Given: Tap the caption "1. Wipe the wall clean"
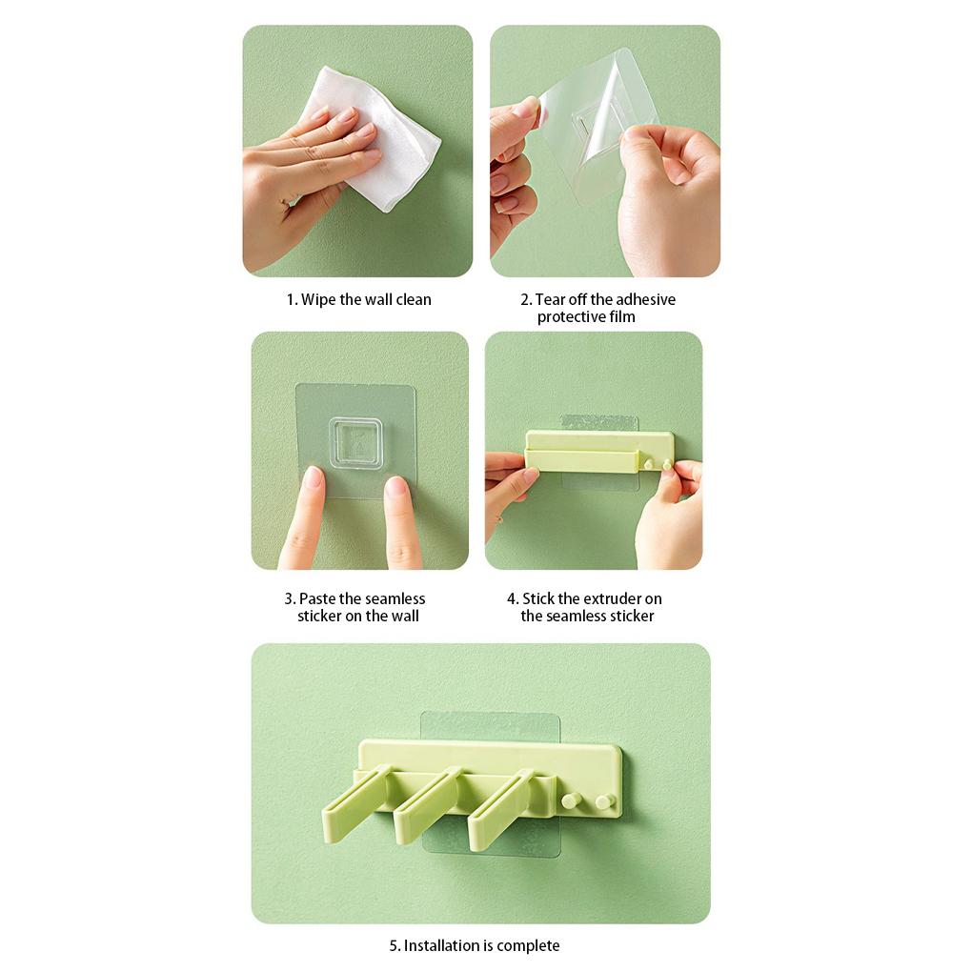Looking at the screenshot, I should pyautogui.click(x=359, y=299).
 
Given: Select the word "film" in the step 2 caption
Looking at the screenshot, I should pyautogui.click(x=622, y=316).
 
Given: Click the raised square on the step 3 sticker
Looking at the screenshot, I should pyautogui.click(x=355, y=444).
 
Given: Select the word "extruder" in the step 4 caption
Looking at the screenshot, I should pyautogui.click(x=613, y=598).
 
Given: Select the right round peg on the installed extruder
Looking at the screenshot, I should pyautogui.click(x=603, y=801).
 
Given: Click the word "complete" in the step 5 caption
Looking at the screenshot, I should pyautogui.click(x=528, y=945).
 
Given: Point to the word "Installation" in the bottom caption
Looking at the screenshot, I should pyautogui.click(x=441, y=945).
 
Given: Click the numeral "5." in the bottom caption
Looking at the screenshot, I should pyautogui.click(x=395, y=945).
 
